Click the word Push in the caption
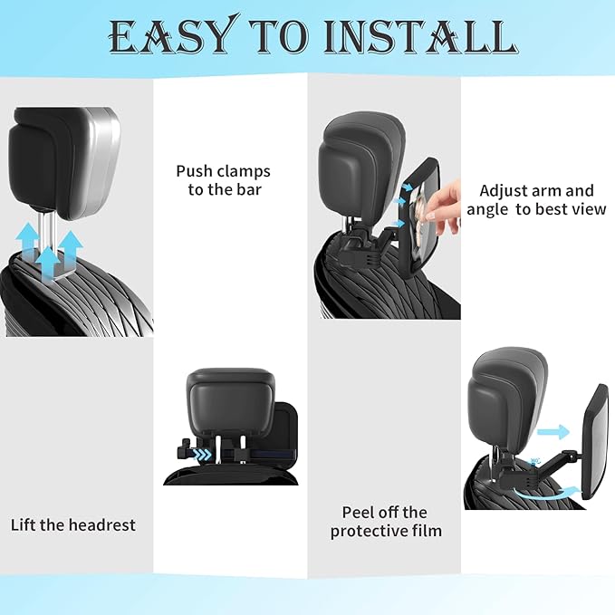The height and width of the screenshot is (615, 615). [x=195, y=171]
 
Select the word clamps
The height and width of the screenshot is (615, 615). [x=244, y=171]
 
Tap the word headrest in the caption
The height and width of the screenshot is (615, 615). [x=102, y=524]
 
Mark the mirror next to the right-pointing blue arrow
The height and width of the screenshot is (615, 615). [x=594, y=441]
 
